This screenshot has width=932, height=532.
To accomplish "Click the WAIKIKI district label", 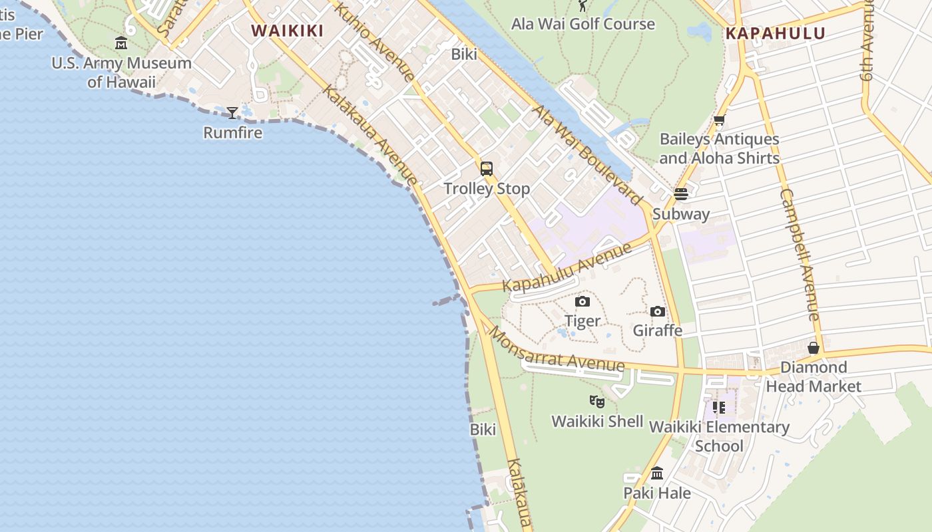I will point(287,31).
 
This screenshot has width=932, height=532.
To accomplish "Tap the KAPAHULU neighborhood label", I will point(775,33).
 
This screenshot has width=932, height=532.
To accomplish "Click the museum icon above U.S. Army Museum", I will point(121,43).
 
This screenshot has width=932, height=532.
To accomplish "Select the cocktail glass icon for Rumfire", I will point(232,113).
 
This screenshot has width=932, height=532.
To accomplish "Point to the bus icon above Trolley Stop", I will point(487,169).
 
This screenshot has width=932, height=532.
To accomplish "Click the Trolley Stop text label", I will point(487,189).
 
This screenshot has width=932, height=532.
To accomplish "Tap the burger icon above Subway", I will point(680,194).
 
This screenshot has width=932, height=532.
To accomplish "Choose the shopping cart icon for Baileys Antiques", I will point(719,120).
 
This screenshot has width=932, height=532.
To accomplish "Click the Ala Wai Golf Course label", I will point(582,24).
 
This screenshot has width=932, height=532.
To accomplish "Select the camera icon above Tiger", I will point(582,302).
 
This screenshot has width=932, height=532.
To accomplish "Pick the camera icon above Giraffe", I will point(658,311).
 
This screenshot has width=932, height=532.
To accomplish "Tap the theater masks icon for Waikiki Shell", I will point(597,401).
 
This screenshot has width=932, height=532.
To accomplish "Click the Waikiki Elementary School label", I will point(719,436).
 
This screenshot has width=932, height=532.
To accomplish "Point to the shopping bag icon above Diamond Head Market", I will point(813,348).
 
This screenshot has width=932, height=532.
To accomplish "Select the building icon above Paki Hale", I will point(657,473).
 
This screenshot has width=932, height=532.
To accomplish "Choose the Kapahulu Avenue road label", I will point(567,268).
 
